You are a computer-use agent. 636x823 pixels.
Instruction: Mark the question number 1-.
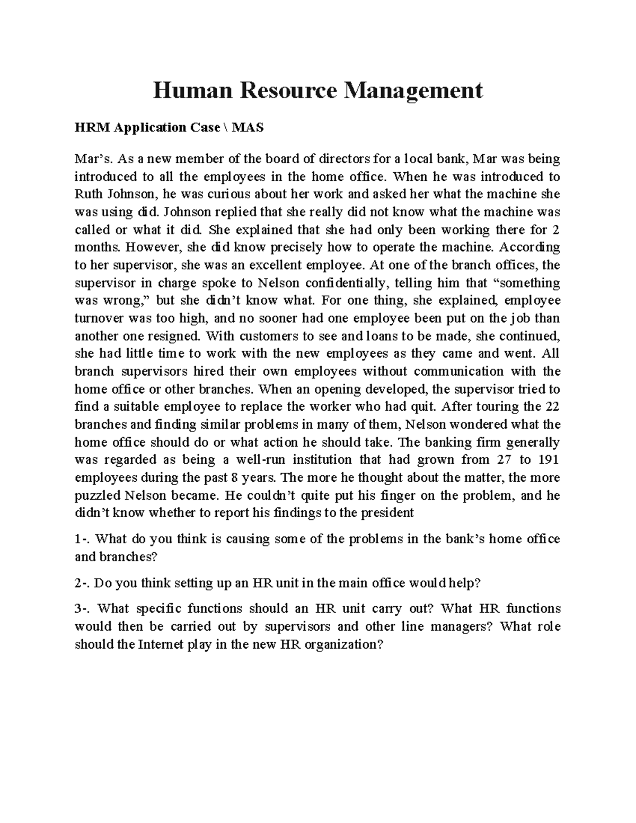tap(82, 539)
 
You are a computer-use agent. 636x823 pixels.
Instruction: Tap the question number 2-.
tap(82, 583)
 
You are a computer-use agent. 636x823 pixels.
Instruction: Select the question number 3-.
tap(82, 609)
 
